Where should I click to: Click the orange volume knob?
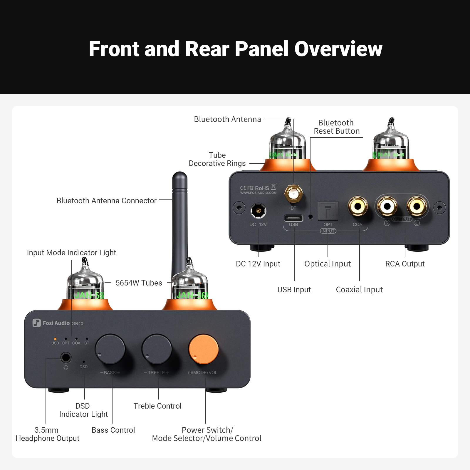pyautogui.click(x=203, y=349)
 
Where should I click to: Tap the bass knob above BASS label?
pyautogui.click(x=110, y=349)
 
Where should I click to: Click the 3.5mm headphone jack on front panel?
pyautogui.click(x=66, y=358)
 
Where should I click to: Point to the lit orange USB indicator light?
pyautogui.click(x=55, y=339)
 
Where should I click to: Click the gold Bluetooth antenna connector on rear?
pyautogui.click(x=293, y=194)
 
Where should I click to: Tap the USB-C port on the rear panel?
pyautogui.click(x=293, y=218)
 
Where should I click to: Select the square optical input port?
pyautogui.click(x=328, y=211)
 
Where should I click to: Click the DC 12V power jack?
pyautogui.click(x=258, y=211)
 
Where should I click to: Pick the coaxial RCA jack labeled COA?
pyautogui.click(x=357, y=207)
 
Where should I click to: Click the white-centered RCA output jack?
pyautogui.click(x=387, y=207)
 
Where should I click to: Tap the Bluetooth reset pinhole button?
pyautogui.click(x=310, y=217)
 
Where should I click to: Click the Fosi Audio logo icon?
pyautogui.click(x=36, y=323)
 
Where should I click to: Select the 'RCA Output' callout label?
pyautogui.click(x=405, y=264)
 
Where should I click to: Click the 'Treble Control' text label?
pyautogui.click(x=157, y=406)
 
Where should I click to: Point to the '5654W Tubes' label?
pyautogui.click(x=139, y=283)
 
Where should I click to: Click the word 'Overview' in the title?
pyautogui.click(x=338, y=49)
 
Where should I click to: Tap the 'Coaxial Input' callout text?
pyautogui.click(x=359, y=290)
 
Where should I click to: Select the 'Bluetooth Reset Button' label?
pyautogui.click(x=337, y=127)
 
